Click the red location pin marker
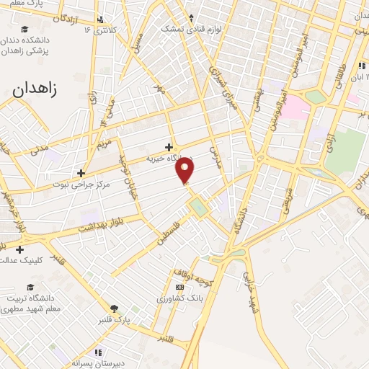pos(186,170)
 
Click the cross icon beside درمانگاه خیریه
pos(169,147)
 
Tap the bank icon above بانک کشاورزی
pos(179,286)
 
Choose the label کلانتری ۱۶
pos(99,30)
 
